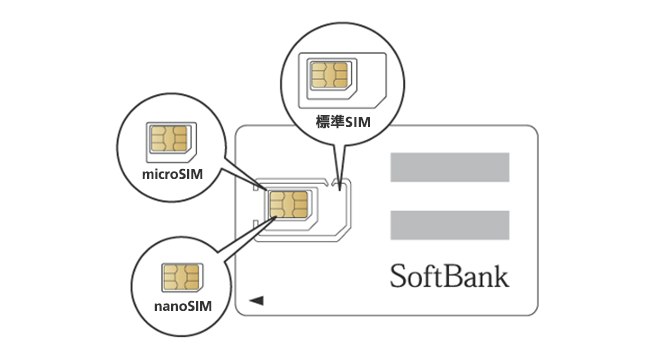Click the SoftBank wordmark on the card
[449, 275]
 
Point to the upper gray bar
[449, 167]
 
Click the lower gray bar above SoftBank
[449, 225]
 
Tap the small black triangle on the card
[256, 299]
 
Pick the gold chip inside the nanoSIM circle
[182, 275]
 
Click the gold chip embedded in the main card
[288, 203]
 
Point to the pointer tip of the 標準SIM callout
[338, 184]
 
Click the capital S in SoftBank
[398, 275]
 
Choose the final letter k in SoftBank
[500, 275]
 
